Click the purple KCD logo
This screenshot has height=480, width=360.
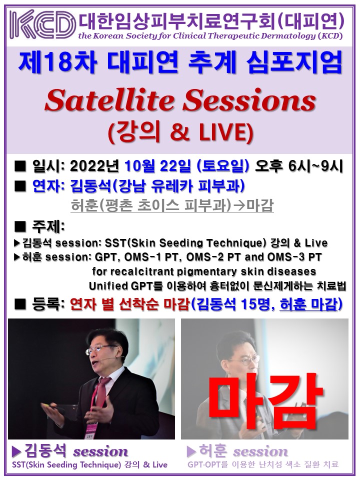42,24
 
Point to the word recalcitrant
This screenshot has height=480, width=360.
141,271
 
